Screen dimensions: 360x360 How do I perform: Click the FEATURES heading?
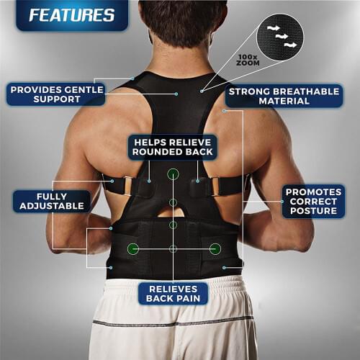coord(62,15)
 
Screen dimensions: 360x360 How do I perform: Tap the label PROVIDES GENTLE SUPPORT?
coord(56,94)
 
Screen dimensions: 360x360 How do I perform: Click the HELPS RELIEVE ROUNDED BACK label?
coord(173,146)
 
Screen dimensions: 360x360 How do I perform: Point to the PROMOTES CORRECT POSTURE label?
coord(312,201)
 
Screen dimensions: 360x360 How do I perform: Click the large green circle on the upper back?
coord(173,174)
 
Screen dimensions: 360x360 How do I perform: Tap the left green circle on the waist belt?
coord(133,249)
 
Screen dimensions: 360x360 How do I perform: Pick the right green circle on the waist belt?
coord(215,249)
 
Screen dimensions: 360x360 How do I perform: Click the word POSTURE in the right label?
coord(312,212)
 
